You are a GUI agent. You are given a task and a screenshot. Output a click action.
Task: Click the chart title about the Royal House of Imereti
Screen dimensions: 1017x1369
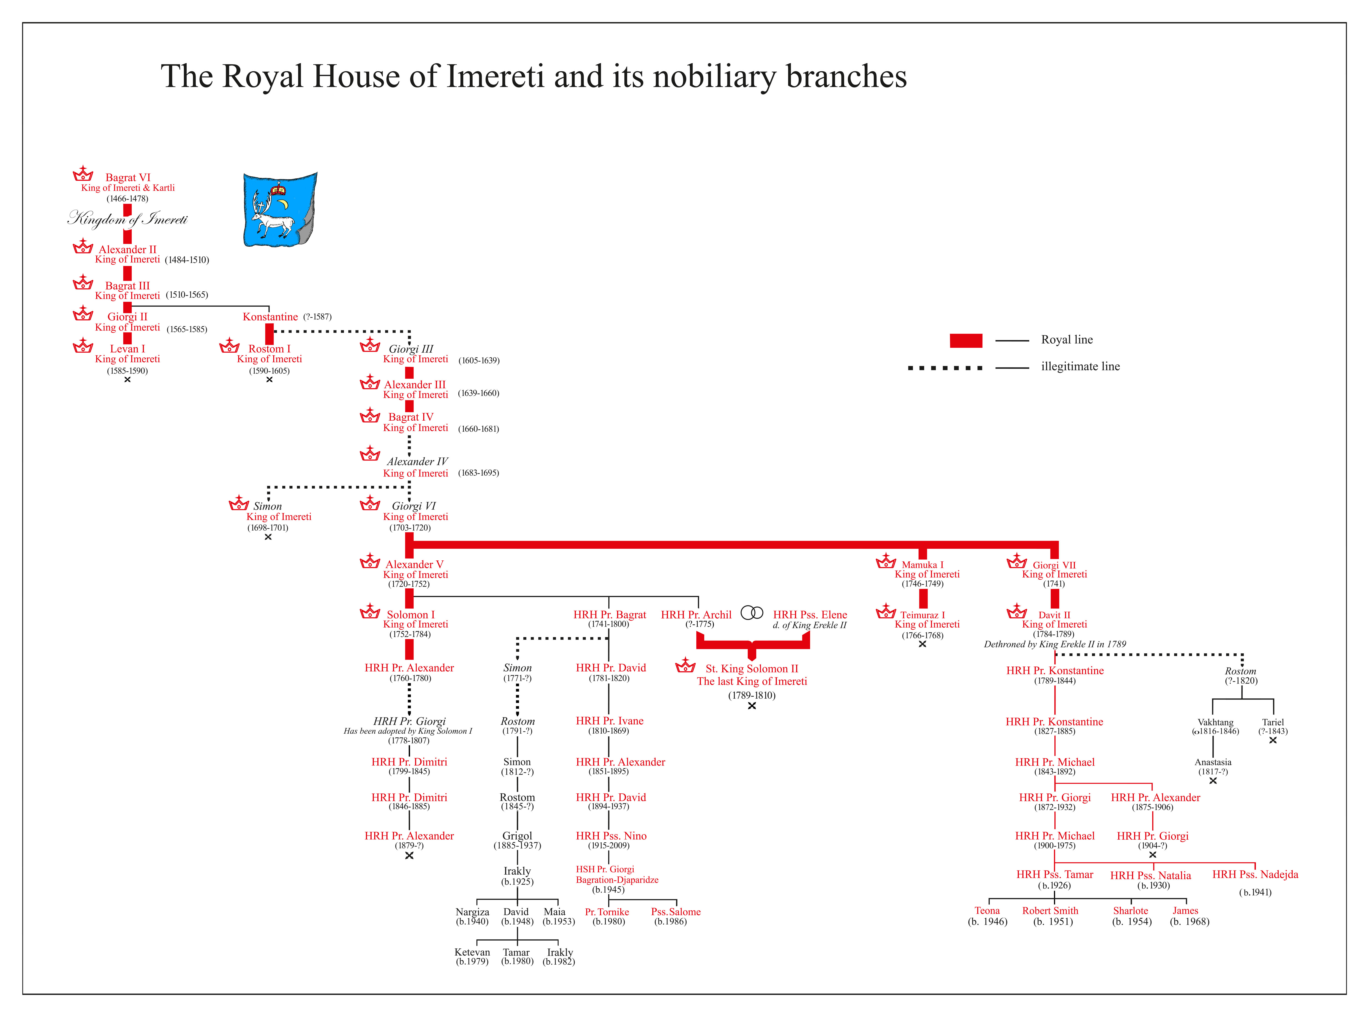(x=533, y=76)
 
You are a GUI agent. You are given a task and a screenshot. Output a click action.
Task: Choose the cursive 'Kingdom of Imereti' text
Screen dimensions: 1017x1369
(x=128, y=219)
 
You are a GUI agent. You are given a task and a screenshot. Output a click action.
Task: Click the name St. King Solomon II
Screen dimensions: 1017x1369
(x=751, y=668)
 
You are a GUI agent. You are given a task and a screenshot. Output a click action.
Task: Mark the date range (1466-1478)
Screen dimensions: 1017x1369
(x=128, y=199)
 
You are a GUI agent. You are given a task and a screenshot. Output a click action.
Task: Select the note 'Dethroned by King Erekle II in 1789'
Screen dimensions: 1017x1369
(x=1054, y=644)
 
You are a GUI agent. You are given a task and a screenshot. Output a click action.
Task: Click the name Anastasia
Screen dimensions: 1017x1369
(x=1213, y=762)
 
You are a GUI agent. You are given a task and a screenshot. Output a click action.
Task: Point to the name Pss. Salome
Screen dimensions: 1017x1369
(x=676, y=912)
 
